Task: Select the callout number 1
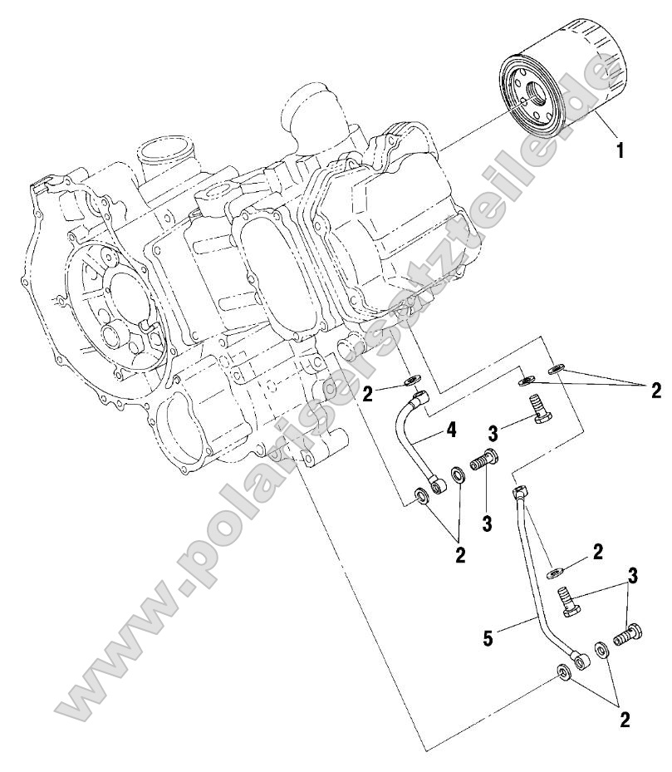coord(618,151)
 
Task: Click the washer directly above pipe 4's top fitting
coord(410,381)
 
